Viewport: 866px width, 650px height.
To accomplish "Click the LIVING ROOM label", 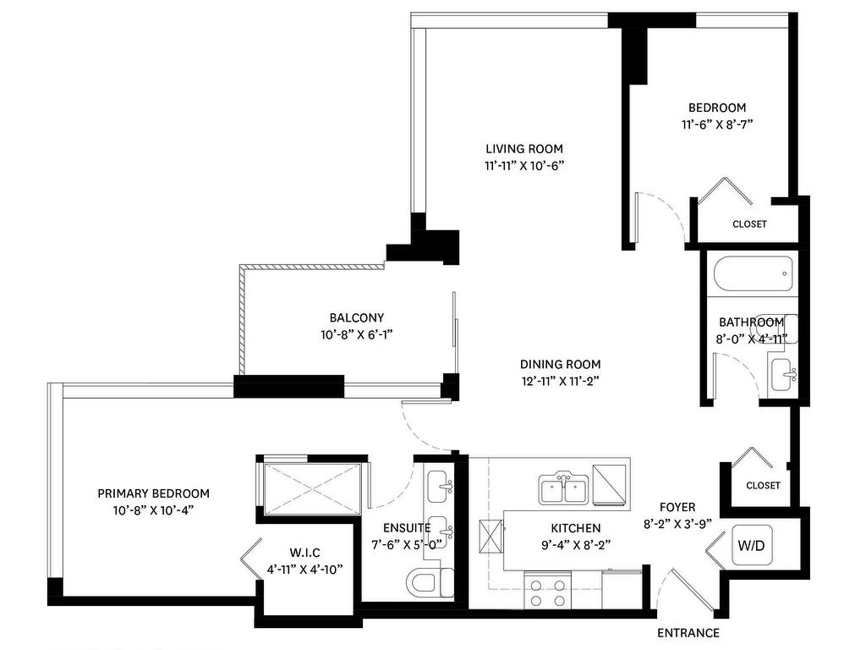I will tap(524, 149).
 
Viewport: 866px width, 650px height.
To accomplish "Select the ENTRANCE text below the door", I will tap(688, 633).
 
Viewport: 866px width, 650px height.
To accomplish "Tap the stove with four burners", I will tap(547, 589).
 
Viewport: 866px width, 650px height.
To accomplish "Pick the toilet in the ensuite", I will tap(428, 582).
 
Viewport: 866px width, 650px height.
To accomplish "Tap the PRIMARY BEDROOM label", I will tap(153, 493).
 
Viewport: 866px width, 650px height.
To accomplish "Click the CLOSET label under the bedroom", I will tap(749, 224).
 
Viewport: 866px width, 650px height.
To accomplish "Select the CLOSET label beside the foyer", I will tap(763, 485).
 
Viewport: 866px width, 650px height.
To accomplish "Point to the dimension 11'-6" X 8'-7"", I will tap(717, 124).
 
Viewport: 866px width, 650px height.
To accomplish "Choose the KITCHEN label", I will tap(575, 528).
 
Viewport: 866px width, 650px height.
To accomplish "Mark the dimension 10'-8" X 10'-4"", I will tap(153, 510).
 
